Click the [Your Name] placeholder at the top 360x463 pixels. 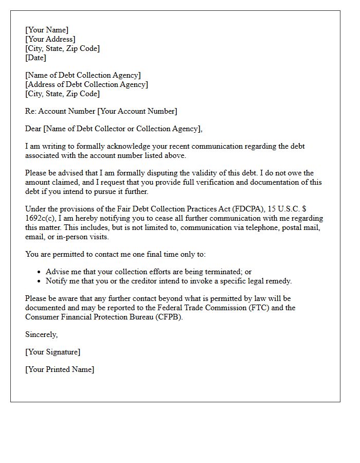click(x=47, y=30)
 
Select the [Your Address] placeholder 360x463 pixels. click(x=50, y=39)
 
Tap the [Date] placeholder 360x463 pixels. click(x=35, y=58)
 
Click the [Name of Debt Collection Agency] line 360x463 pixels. click(x=83, y=75)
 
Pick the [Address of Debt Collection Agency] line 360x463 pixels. click(x=86, y=84)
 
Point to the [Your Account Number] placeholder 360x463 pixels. click(x=137, y=111)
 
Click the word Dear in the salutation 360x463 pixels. click(x=33, y=129)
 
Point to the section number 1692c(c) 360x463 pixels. click(x=40, y=218)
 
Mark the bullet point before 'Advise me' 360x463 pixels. click(x=40, y=272)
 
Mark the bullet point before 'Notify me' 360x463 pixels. click(x=40, y=281)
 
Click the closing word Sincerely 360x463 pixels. click(x=41, y=334)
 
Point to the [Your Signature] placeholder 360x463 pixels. click(x=52, y=352)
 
